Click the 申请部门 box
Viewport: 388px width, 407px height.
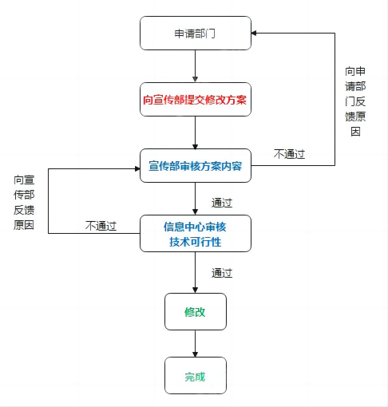tap(196, 33)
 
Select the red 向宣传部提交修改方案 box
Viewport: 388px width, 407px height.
tap(196, 99)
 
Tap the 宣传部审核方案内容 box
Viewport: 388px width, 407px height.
tap(196, 165)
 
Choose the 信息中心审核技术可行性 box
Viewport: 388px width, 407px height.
tap(196, 233)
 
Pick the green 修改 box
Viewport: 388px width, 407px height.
tap(196, 311)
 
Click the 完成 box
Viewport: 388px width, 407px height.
tap(196, 375)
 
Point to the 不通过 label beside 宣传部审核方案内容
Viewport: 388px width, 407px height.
tap(289, 154)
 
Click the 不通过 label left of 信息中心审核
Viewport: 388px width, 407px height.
tap(101, 226)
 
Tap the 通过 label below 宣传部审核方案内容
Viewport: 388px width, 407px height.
tap(222, 203)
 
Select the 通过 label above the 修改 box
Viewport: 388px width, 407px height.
tap(222, 273)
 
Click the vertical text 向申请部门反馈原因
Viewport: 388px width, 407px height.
tap(355, 101)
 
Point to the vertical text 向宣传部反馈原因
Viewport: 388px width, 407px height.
tap(24, 203)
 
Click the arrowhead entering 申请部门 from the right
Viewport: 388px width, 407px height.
tap(254, 33)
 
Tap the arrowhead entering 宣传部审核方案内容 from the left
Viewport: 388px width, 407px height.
tap(137, 168)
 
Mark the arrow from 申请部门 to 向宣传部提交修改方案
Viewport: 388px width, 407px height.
tap(195, 66)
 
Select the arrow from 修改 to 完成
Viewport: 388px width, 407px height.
tap(195, 344)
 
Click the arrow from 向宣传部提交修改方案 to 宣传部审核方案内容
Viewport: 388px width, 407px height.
tap(195, 132)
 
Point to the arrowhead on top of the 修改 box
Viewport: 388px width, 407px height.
tap(195, 290)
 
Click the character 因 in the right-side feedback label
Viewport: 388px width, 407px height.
tap(355, 132)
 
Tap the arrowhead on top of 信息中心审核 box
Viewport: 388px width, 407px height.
tap(195, 212)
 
